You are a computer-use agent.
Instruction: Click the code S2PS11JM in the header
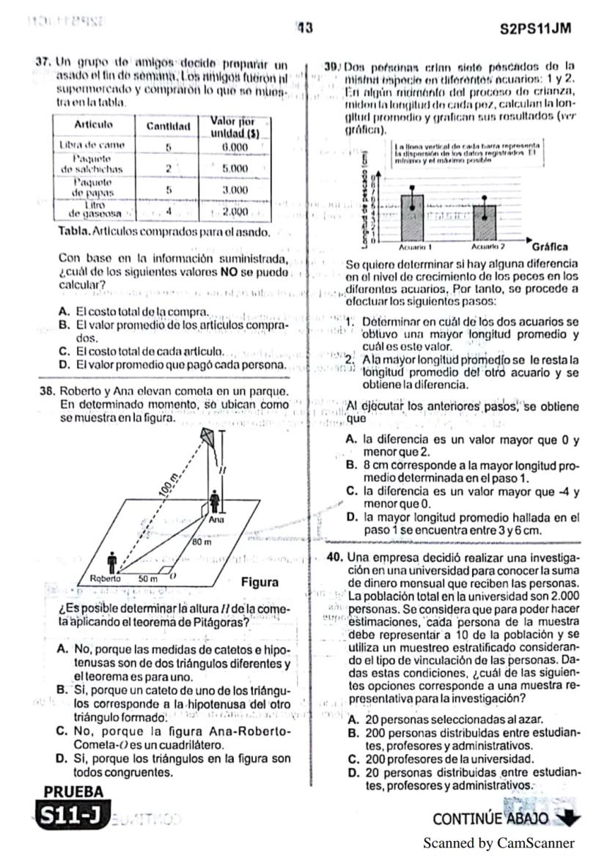coord(534,29)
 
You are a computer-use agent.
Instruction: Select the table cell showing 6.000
coord(233,147)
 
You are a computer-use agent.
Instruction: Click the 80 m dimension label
coord(202,543)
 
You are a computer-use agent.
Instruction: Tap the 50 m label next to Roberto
coord(150,577)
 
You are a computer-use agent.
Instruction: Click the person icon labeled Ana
coord(216,503)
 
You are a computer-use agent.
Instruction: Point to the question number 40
coord(335,556)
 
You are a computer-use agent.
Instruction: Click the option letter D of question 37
coord(63,363)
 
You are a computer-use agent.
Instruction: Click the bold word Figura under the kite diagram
coord(260,583)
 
